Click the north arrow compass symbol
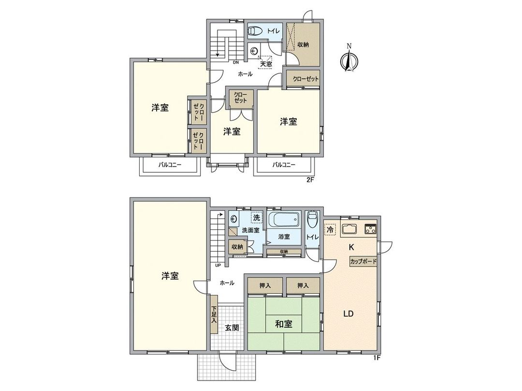click(349, 59)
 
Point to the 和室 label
click(284, 324)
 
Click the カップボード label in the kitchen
click(363, 261)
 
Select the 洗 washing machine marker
click(257, 218)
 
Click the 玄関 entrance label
click(232, 327)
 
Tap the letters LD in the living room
click(348, 314)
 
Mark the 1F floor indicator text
click(377, 358)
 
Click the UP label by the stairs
click(218, 265)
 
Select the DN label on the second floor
click(236, 62)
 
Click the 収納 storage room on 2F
click(303, 44)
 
